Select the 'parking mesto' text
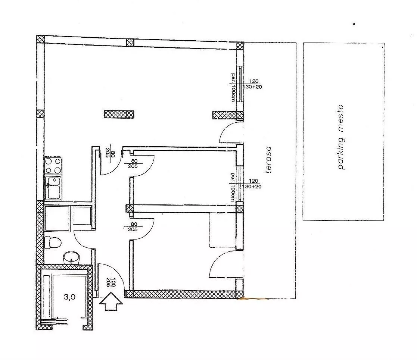[341, 137]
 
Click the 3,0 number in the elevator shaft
[69, 297]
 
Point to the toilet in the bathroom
[53, 242]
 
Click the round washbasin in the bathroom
[72, 257]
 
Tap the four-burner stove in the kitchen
[53, 166]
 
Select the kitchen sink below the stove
[53, 188]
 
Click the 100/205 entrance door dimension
[111, 282]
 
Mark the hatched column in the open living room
[119, 115]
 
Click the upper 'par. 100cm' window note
[233, 87]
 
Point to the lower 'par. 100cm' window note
[233, 187]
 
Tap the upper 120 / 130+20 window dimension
[253, 84]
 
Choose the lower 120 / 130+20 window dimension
[253, 184]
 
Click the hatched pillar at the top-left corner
[40, 39]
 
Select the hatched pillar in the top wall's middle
[130, 42]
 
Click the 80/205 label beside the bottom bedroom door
[133, 226]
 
